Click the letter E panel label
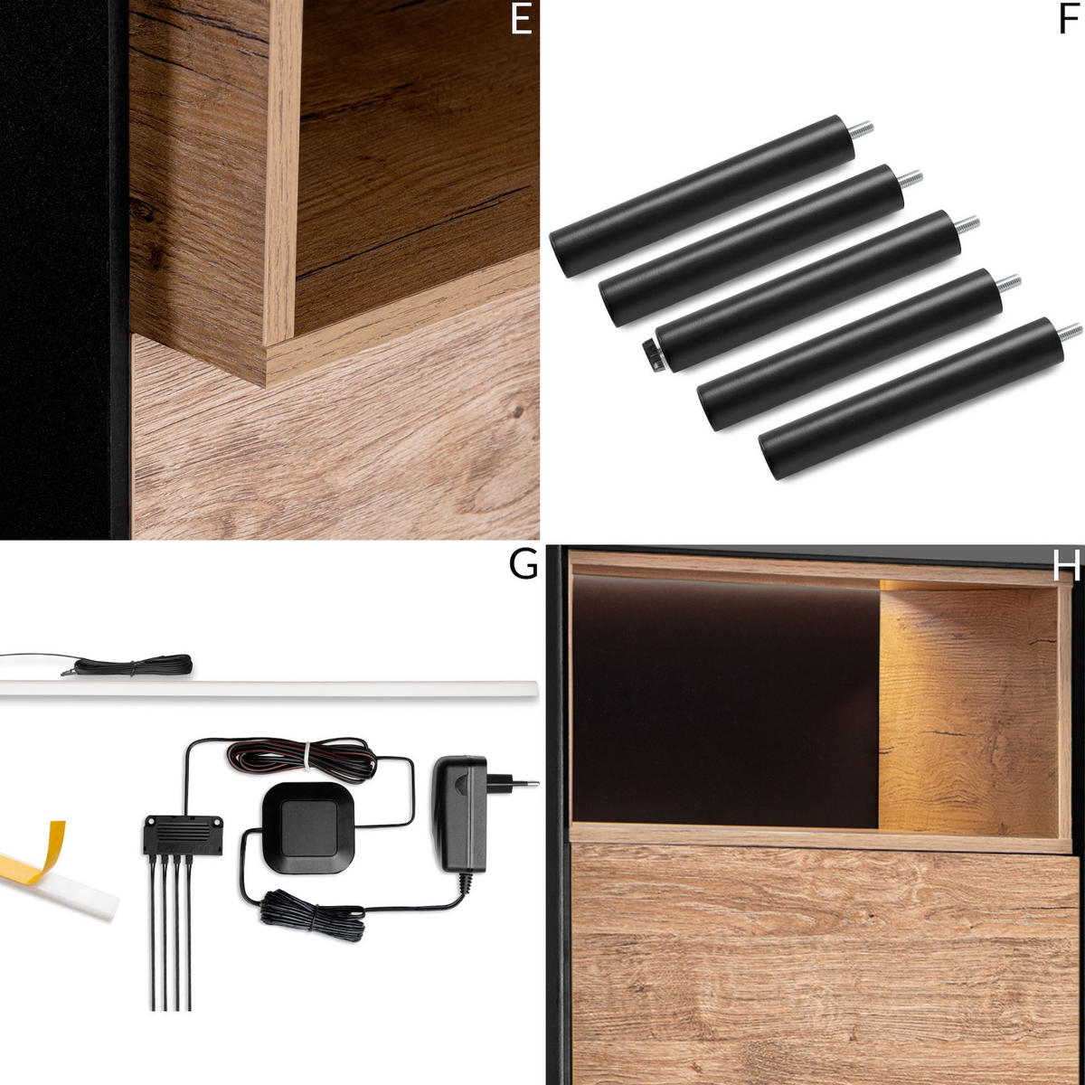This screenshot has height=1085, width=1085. (x=521, y=19)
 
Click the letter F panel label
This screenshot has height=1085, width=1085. (x=1068, y=19)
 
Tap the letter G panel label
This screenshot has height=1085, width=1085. (x=523, y=565)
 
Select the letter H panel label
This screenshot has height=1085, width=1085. (x=1065, y=565)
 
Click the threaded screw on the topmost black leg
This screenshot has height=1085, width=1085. (x=862, y=130)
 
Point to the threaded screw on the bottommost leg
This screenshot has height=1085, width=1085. (x=1070, y=332)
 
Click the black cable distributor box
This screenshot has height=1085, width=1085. (x=184, y=835)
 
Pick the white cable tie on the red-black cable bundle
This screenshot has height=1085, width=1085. (x=307, y=756)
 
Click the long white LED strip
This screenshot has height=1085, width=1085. (x=269, y=689)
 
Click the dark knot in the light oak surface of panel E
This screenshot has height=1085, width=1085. (x=517, y=410)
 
